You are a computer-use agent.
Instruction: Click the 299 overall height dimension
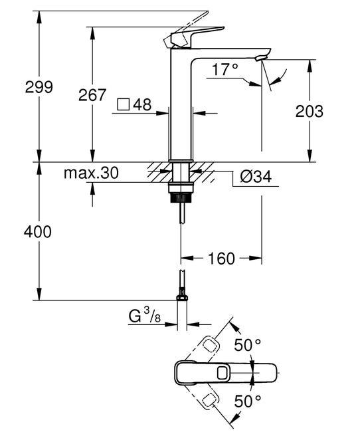click(20, 87)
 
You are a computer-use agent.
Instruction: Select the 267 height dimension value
click(92, 95)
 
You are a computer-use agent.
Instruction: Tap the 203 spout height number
click(310, 111)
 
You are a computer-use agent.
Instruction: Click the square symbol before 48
click(123, 104)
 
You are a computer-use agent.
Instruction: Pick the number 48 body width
click(142, 104)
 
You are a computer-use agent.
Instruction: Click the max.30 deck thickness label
click(91, 173)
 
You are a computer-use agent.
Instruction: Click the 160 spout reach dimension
click(222, 258)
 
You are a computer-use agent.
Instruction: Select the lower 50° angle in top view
click(248, 401)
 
